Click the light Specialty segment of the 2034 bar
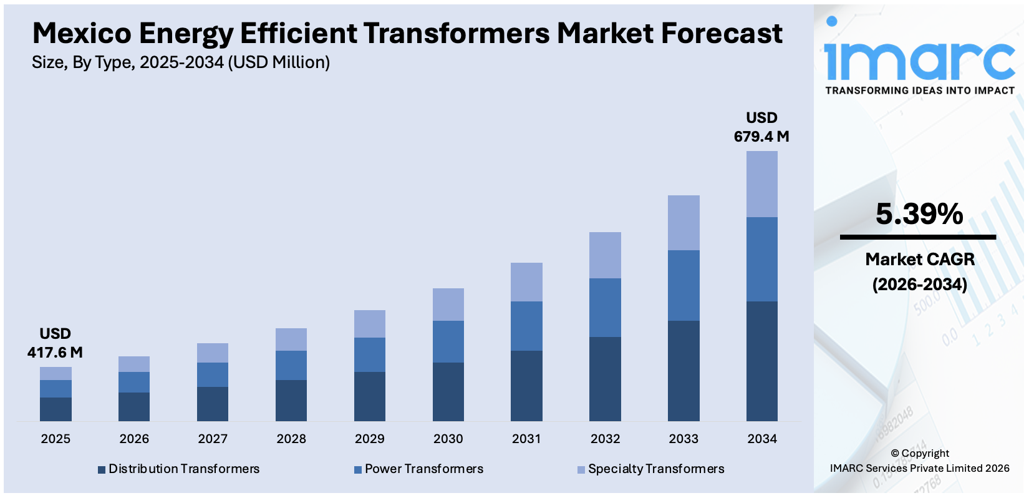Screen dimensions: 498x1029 tap(761, 184)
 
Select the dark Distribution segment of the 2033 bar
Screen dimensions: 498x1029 tap(684, 371)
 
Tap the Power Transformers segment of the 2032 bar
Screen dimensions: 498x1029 tap(605, 308)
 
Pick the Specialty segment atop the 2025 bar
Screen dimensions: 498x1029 tap(56, 373)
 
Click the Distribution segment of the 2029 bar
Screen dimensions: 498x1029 tap(370, 396)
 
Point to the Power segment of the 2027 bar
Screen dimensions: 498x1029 tap(213, 374)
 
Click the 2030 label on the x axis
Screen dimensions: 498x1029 tap(448, 439)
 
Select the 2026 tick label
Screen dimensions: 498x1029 tap(134, 439)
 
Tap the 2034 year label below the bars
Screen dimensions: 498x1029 tap(762, 439)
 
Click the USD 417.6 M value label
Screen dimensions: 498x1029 tap(55, 343)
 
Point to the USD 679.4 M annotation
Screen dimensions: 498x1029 tap(761, 127)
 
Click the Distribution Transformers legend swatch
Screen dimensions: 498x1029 tap(102, 469)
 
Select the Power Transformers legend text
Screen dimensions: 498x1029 tap(423, 469)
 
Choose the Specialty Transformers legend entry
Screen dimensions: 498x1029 tap(655, 469)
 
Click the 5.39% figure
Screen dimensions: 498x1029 tap(919, 214)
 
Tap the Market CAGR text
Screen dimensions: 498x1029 tap(920, 259)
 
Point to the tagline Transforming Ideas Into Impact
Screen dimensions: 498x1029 tap(920, 90)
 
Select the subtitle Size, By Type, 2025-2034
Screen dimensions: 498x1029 tap(181, 62)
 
